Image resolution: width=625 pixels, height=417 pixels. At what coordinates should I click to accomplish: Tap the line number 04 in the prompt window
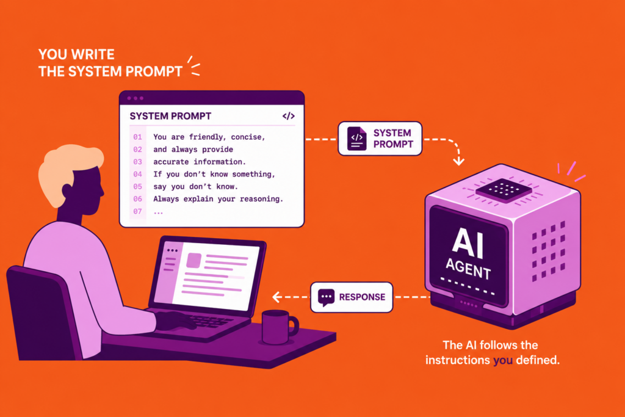[137, 174]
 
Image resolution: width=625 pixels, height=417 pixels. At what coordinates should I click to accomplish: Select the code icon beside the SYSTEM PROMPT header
[289, 116]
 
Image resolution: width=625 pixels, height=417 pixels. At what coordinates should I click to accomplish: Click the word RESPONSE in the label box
[362, 297]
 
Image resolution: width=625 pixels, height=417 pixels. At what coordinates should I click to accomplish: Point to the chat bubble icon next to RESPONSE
[326, 297]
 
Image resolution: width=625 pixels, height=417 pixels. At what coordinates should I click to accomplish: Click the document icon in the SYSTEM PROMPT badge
[356, 139]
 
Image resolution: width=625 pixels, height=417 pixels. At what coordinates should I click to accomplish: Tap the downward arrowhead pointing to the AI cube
[459, 161]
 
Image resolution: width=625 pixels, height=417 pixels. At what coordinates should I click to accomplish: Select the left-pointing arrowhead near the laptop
[276, 297]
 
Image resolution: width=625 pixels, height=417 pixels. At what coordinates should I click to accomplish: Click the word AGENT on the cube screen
[468, 269]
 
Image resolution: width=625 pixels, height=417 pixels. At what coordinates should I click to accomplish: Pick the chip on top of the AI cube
[504, 189]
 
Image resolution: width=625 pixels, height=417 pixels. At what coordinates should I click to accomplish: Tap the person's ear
[68, 191]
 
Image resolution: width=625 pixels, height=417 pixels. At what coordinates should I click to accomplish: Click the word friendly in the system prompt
[208, 137]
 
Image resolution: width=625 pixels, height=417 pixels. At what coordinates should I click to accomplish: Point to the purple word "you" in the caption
[503, 360]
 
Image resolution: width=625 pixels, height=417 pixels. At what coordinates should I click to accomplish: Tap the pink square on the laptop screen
[193, 261]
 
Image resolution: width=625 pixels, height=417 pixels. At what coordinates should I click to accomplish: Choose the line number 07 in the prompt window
[137, 211]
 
